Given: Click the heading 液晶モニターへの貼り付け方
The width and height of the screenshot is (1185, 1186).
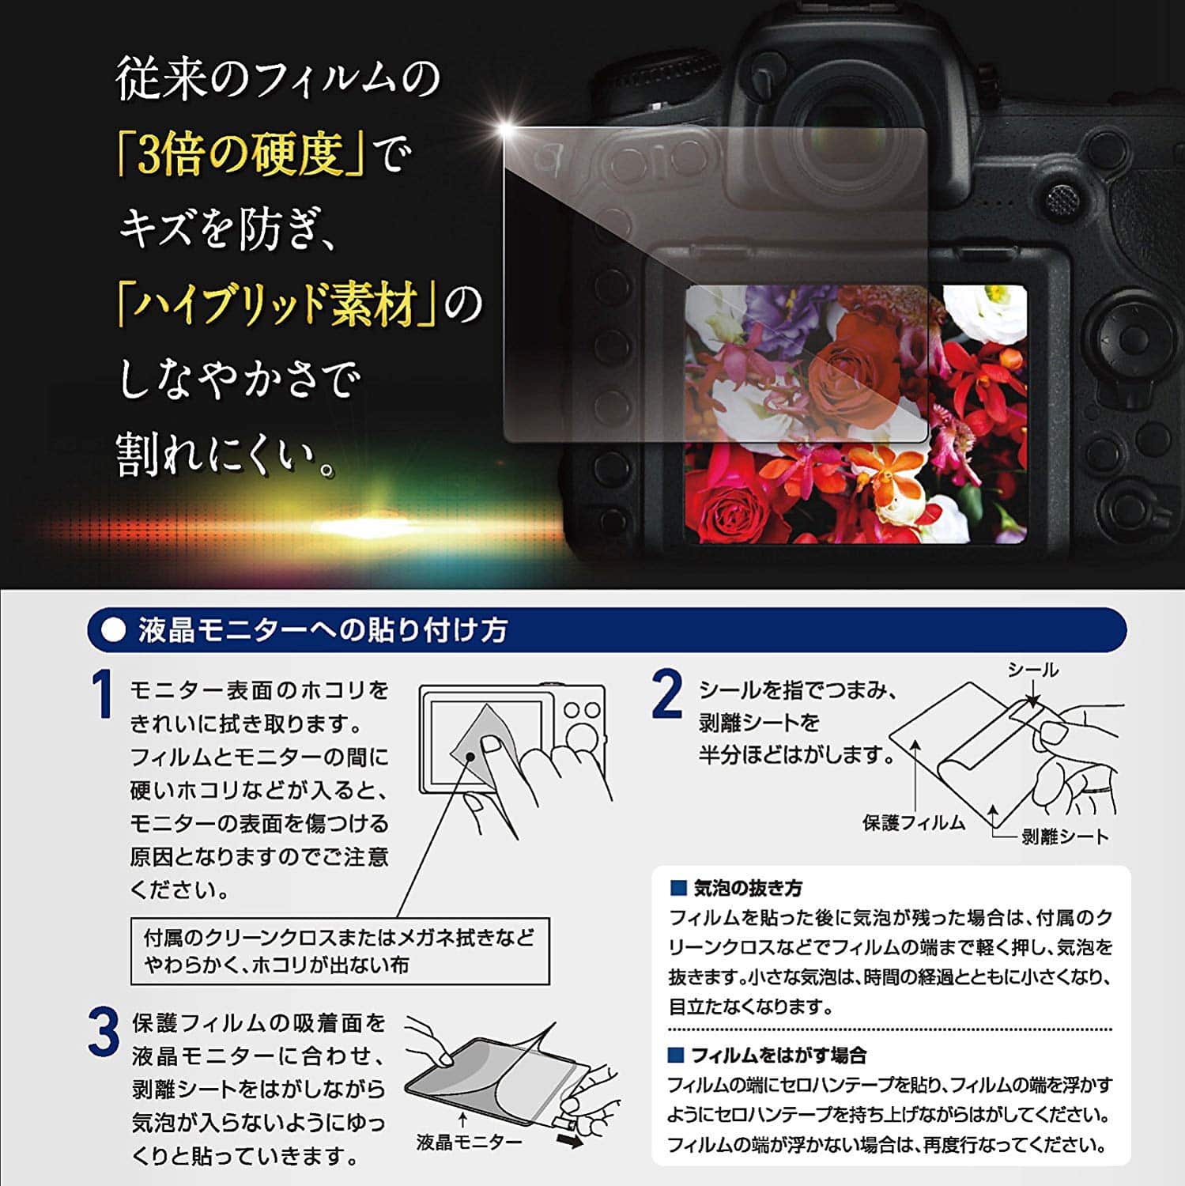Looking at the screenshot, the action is [x=323, y=630].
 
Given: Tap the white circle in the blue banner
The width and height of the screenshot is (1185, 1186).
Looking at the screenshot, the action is [x=115, y=630].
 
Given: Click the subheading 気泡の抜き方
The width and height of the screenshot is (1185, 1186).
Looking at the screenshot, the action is [x=747, y=888].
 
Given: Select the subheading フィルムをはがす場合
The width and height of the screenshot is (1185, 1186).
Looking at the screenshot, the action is [x=779, y=1055].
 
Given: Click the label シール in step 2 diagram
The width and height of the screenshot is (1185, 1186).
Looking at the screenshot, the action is [x=1032, y=670].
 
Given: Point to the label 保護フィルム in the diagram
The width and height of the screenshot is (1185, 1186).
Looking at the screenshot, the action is [x=914, y=823].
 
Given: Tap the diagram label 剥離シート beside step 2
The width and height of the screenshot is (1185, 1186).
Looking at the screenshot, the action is [x=1066, y=837].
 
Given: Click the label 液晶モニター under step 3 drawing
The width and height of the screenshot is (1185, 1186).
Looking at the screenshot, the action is [x=470, y=1142].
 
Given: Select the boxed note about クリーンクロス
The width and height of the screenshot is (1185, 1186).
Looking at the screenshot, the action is [x=340, y=951].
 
